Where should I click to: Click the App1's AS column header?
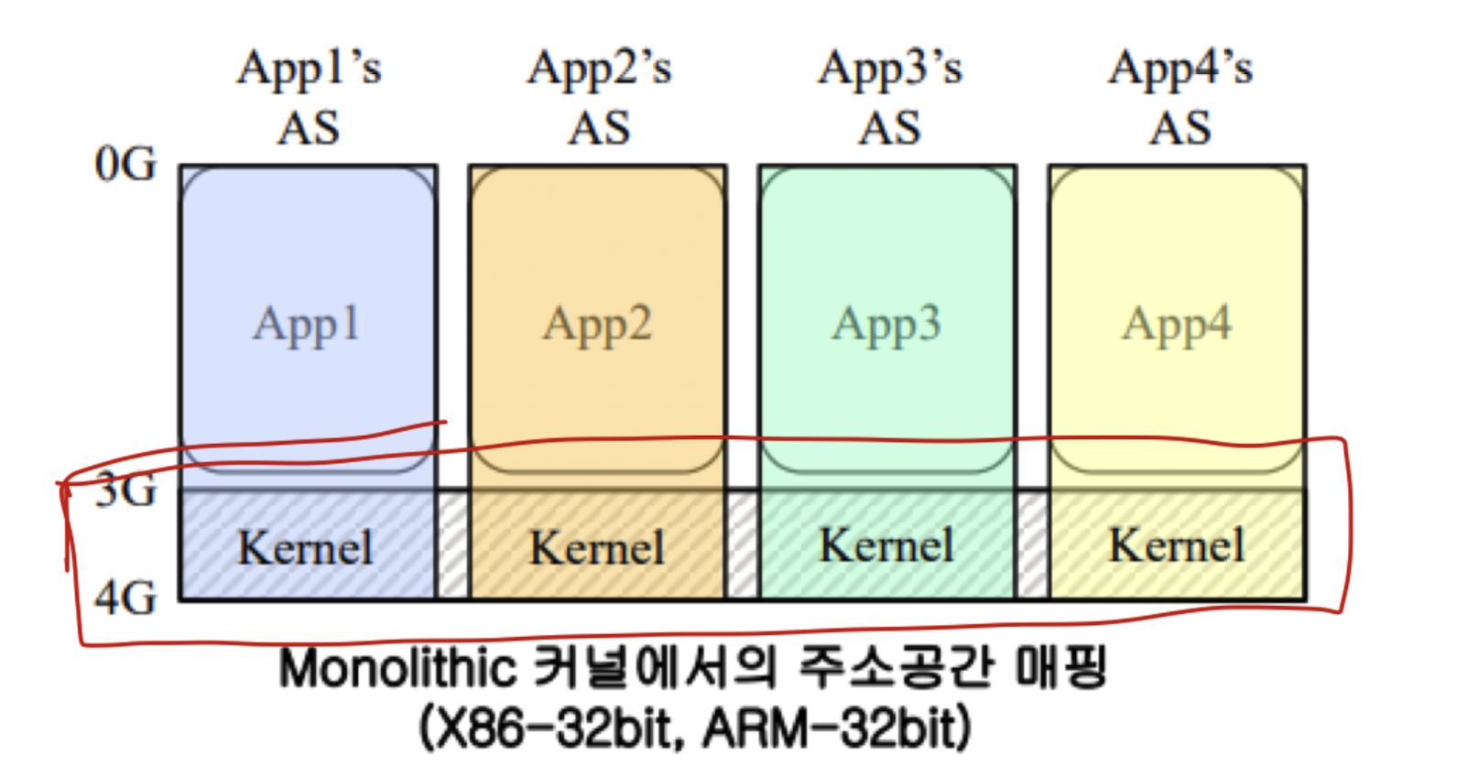pos(309,96)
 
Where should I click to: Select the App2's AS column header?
pos(599,96)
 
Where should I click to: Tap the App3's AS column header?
pos(889,96)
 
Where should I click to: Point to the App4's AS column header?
pos(1179,96)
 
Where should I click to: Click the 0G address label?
pos(125,165)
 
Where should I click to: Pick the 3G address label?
pos(126,491)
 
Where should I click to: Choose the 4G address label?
pos(126,598)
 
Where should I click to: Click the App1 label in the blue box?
pos(307,325)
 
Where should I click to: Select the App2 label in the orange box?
pos(597,325)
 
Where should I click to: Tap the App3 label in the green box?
pos(886,325)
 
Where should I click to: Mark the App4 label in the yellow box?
pos(1177,325)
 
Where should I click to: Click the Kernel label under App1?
pos(306,548)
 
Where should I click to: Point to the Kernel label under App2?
pos(597,548)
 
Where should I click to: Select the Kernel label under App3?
pos(886,546)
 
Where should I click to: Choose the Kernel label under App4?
pos(1177,546)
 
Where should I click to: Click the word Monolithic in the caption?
pos(397,668)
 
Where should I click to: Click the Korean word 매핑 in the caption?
pos(1062,668)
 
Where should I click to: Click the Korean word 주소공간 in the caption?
pos(896,668)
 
